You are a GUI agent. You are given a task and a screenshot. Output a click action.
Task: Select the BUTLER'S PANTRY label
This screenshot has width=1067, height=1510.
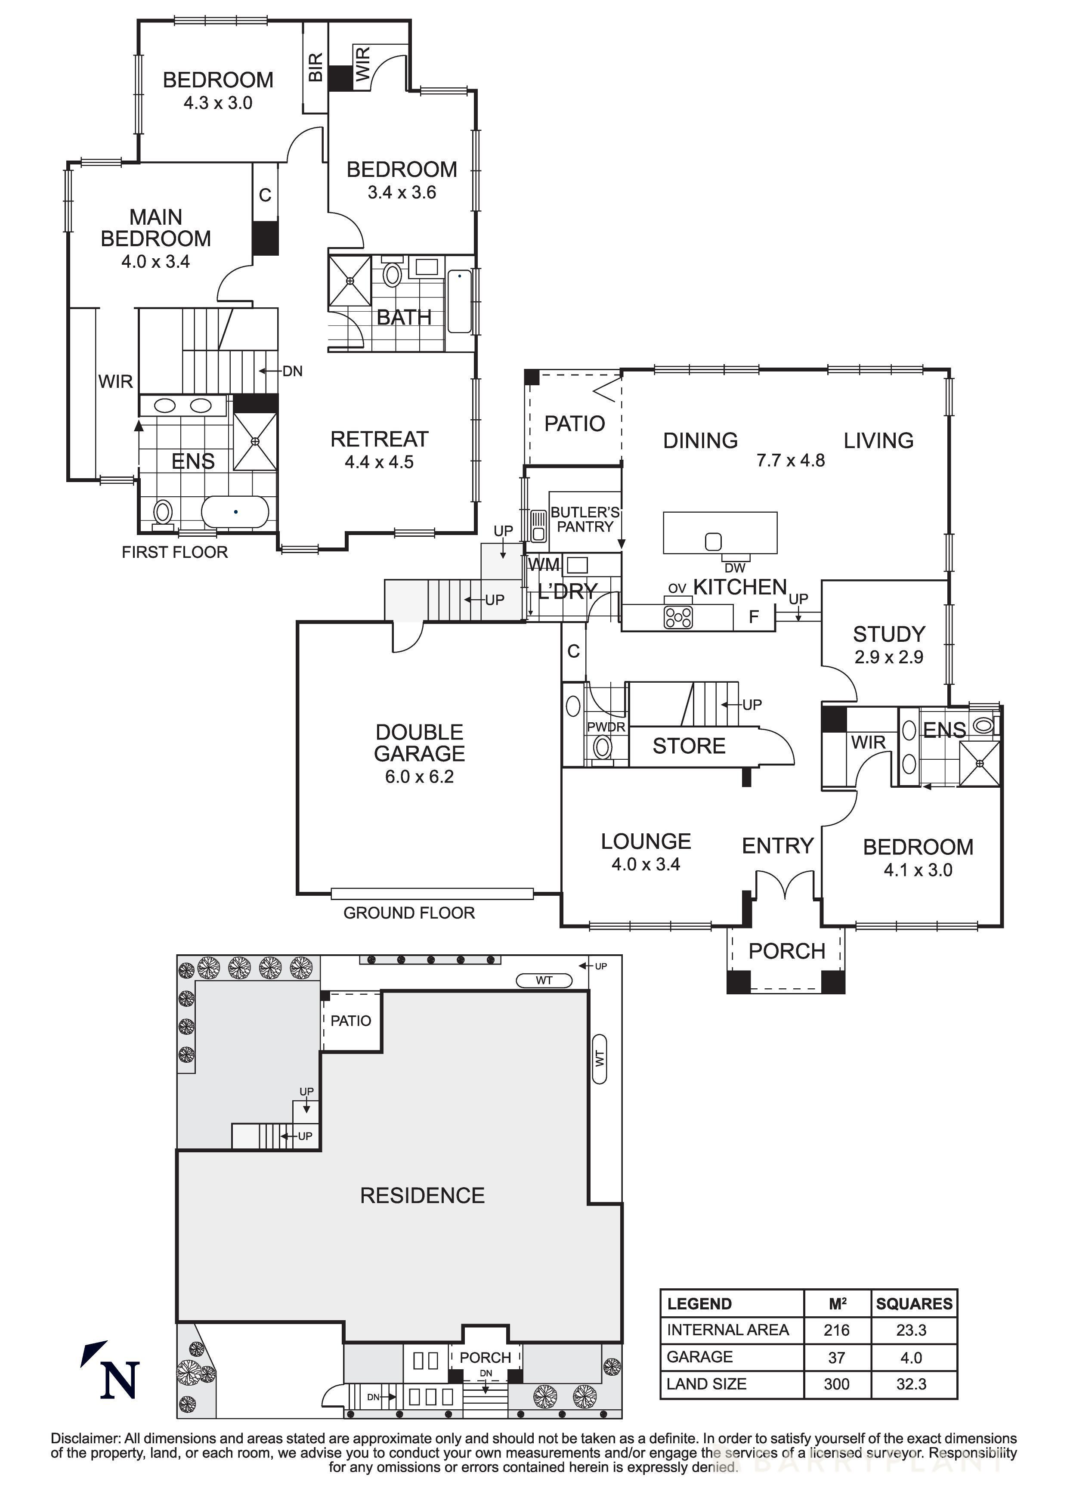(585, 520)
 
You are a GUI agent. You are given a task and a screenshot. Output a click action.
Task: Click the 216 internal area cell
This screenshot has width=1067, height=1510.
(836, 1331)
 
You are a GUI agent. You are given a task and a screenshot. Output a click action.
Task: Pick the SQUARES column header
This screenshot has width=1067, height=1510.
(914, 1304)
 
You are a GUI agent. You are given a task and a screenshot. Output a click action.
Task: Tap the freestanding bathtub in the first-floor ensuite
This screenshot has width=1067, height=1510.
(235, 512)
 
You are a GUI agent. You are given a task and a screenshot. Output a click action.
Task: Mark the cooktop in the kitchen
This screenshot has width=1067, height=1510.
(678, 617)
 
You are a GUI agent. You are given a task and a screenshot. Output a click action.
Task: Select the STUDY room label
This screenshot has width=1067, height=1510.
(889, 634)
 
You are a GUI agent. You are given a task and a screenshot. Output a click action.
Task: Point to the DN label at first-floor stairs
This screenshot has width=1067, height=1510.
(293, 371)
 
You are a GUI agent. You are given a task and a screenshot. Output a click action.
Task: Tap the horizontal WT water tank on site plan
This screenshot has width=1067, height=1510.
(544, 981)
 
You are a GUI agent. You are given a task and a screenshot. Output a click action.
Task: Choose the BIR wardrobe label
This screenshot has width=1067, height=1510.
(315, 67)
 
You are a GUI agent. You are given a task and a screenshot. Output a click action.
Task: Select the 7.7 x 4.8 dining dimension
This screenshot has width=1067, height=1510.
(790, 461)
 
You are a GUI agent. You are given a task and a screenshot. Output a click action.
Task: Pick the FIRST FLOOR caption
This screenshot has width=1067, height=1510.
(175, 552)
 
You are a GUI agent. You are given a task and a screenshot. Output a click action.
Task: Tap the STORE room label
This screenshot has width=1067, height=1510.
(689, 746)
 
